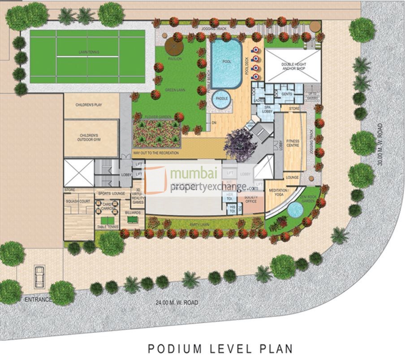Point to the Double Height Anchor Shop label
[293, 66]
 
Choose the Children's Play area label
[91, 104]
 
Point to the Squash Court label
[78, 201]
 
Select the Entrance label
[38, 299]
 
